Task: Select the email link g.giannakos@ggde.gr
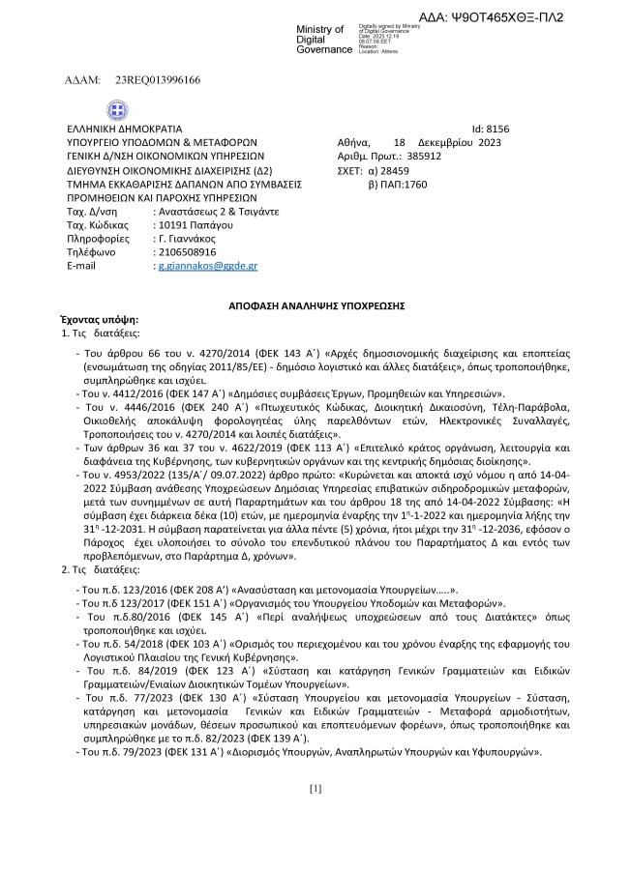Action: pos(207,265)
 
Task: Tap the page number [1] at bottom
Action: pos(315,788)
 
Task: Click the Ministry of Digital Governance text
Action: pos(324,39)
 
